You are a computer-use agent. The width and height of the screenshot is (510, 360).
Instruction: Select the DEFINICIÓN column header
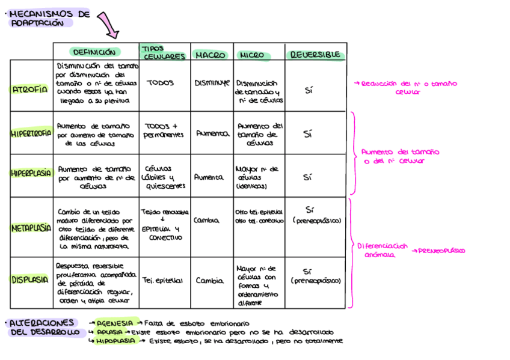point(95,52)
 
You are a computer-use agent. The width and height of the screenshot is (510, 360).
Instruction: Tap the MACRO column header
point(210,55)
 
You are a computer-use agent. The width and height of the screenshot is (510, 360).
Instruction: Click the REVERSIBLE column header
point(315,55)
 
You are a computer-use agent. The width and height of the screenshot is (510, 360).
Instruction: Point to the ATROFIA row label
point(29,90)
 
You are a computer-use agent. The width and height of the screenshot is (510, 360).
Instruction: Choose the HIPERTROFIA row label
point(31,134)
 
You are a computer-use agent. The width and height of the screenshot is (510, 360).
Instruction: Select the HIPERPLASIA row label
point(31,173)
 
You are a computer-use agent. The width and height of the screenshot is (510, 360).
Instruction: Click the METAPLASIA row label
point(31,228)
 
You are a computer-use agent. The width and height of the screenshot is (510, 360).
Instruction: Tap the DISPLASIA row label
point(29,279)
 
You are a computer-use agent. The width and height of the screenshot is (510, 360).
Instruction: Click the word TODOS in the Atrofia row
point(160,83)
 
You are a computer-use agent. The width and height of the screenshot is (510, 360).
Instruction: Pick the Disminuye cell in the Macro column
point(212,83)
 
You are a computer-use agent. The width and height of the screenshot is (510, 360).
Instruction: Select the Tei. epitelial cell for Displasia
point(162,280)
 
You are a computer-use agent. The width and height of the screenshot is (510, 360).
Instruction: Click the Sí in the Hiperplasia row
point(308,177)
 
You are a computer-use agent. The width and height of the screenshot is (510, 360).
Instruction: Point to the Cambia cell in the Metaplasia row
point(206,221)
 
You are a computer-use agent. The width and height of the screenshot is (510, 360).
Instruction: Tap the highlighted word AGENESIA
point(117,323)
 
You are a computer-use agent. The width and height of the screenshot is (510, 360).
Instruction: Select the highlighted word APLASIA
point(112,332)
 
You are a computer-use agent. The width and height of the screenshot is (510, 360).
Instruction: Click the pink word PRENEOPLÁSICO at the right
point(442,251)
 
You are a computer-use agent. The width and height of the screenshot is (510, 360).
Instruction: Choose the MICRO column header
point(251,55)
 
